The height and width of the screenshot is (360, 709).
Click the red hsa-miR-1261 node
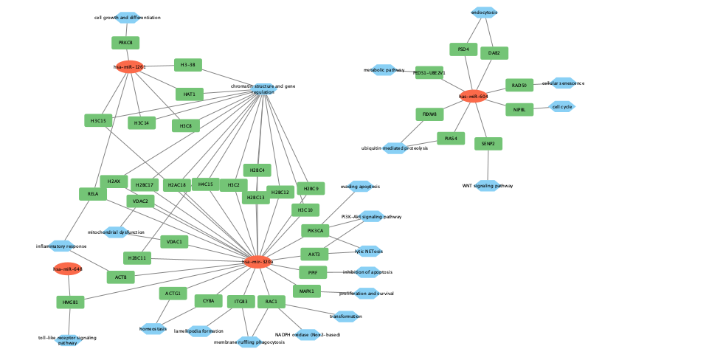(130, 66)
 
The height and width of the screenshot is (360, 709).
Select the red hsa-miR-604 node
(474, 96)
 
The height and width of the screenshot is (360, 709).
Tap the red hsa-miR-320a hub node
(257, 261)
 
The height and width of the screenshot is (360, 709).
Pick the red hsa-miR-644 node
(67, 269)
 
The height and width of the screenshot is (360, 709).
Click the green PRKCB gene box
(125, 43)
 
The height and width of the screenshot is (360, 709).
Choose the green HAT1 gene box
(190, 94)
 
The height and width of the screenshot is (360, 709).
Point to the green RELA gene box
(93, 194)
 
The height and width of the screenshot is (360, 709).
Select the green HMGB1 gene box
(70, 302)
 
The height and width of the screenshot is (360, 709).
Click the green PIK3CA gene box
(315, 231)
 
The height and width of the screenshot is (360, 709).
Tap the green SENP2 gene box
(488, 143)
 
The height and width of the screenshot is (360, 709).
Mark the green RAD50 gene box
(519, 86)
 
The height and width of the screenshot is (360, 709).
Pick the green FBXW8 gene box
(429, 114)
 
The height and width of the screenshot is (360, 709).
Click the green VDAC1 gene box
(174, 241)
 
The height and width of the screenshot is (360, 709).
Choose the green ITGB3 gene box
(241, 302)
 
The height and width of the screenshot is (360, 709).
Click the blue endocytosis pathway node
(484, 13)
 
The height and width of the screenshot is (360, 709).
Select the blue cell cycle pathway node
(562, 107)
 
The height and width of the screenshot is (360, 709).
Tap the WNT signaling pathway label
(487, 185)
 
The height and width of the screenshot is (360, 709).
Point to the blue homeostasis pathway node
(153, 328)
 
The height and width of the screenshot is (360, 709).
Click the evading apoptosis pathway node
(360, 187)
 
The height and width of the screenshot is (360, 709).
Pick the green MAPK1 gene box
(307, 291)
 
